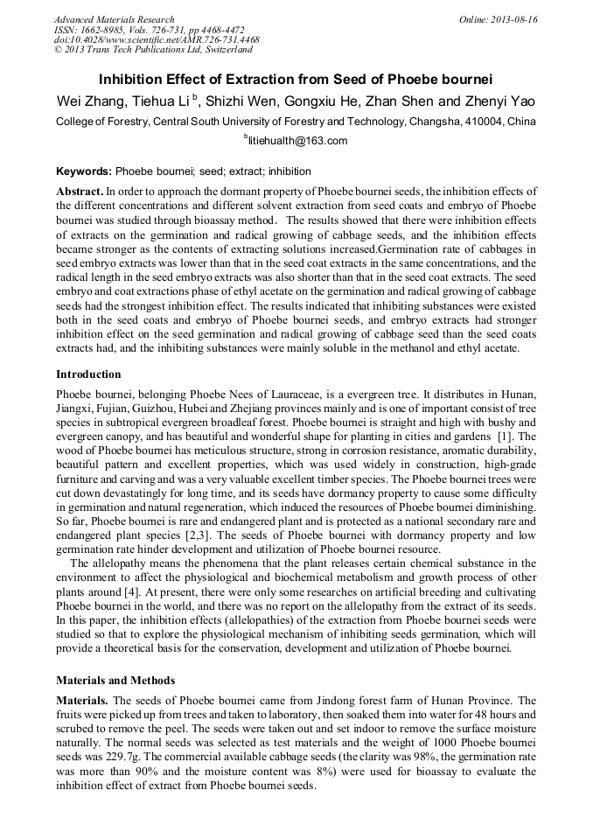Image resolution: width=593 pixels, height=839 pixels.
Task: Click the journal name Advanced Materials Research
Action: click(114, 19)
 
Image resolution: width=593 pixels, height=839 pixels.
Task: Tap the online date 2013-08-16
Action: click(514, 19)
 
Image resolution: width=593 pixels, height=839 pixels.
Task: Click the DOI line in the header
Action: click(157, 40)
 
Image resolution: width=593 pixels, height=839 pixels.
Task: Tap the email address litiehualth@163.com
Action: click(297, 141)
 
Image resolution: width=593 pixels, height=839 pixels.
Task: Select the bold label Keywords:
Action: click(84, 171)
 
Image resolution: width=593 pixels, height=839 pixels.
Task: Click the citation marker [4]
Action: click(182, 591)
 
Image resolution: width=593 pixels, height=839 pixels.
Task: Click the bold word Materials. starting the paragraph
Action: click(83, 701)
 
